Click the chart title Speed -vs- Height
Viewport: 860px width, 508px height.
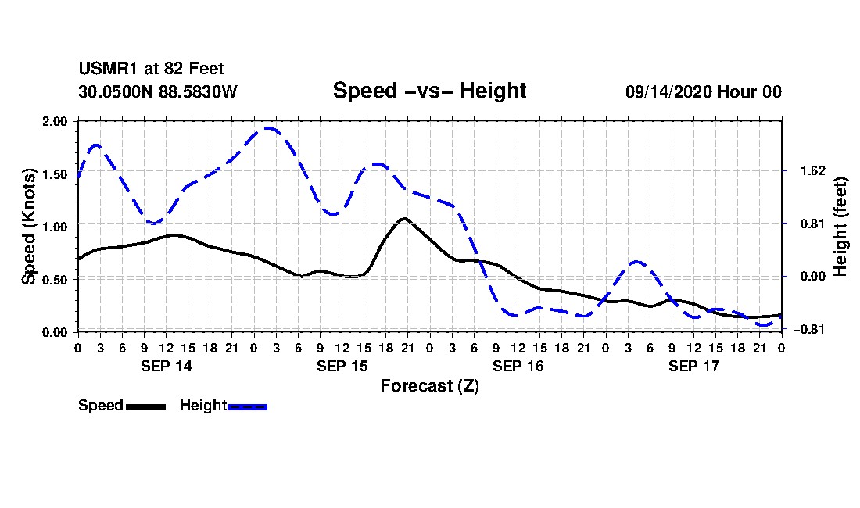click(x=429, y=91)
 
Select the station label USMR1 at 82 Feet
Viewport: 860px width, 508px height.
click(x=151, y=69)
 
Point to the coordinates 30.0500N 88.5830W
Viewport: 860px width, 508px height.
click(x=157, y=91)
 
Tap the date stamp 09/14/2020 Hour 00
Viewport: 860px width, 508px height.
click(x=704, y=91)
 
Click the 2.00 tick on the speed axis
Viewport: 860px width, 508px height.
click(x=54, y=121)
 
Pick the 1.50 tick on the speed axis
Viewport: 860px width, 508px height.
click(x=54, y=174)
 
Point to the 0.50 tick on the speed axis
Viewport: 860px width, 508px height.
click(x=54, y=280)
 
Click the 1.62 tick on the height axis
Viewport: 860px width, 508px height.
click(x=813, y=171)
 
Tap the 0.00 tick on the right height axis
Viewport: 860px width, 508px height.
click(x=813, y=276)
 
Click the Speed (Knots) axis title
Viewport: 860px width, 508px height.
click(x=28, y=227)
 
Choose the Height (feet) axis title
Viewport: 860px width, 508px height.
click(x=840, y=227)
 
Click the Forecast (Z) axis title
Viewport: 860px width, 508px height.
click(x=430, y=386)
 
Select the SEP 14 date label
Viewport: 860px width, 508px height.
click(x=167, y=366)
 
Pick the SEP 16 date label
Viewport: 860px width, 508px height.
click(x=518, y=366)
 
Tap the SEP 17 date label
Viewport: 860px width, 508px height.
click(x=693, y=366)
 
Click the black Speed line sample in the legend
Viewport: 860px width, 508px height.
click(x=146, y=406)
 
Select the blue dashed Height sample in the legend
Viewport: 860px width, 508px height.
click(x=247, y=406)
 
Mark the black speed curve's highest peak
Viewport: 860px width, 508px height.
click(x=405, y=219)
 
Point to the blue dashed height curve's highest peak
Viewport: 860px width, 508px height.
click(x=268, y=128)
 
